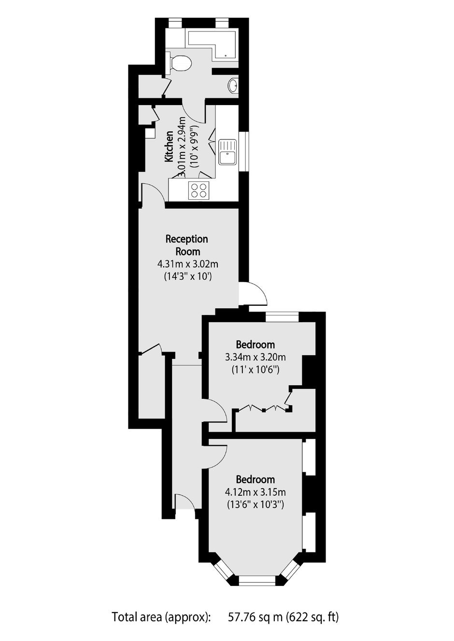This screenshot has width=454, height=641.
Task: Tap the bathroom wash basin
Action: [233, 85]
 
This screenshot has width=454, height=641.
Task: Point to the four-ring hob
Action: [199, 191]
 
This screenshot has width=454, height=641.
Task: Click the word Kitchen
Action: [170, 147]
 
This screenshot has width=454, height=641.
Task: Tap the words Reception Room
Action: [187, 245]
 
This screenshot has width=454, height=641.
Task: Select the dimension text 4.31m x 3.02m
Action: [188, 263]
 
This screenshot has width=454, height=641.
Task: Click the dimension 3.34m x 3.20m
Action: [255, 357]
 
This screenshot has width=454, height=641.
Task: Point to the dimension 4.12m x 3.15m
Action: [255, 492]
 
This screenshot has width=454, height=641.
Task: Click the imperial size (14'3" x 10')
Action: [188, 276]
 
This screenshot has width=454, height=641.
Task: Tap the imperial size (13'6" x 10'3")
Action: [255, 505]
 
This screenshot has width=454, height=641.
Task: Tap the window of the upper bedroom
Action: [283, 317]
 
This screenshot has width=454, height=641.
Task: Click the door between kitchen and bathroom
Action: [194, 114]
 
